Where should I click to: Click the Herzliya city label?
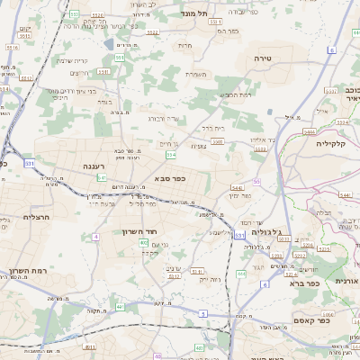[17, 217]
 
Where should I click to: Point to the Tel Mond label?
[215, 13]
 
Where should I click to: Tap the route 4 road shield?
[94, 237]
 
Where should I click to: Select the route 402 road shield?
[144, 242]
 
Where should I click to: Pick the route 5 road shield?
[203, 312]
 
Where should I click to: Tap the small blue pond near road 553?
[108, 43]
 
